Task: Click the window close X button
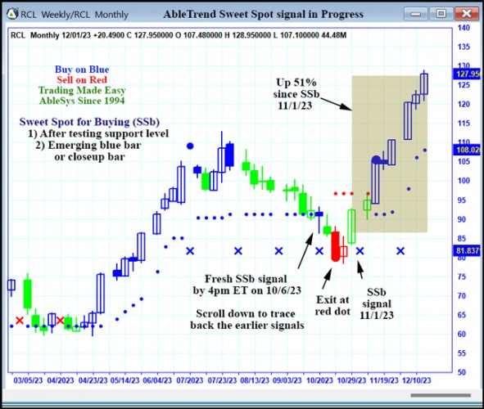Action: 467,13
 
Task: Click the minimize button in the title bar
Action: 419,13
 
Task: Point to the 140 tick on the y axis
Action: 464,28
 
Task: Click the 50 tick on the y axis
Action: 464,372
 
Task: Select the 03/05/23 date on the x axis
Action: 29,380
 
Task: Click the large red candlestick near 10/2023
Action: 335,245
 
